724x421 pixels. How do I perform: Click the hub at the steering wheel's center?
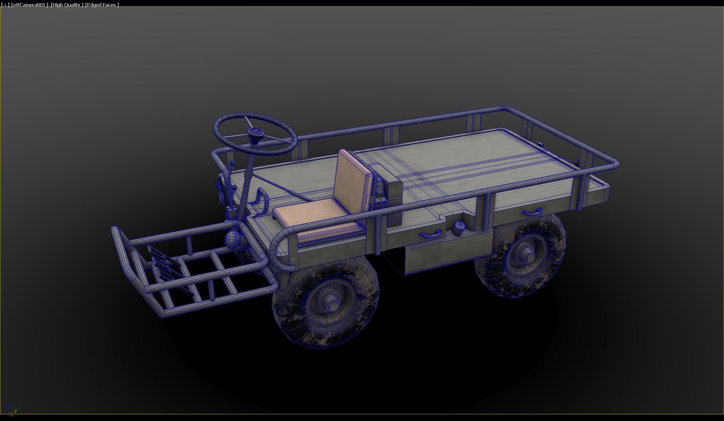point(255,133)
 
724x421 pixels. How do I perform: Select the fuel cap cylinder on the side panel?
point(459,228)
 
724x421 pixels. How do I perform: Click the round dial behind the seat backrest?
point(379,190)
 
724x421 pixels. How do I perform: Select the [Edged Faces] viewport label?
point(102,5)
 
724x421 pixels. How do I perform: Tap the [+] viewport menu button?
point(5,5)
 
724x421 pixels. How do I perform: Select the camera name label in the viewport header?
point(30,5)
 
